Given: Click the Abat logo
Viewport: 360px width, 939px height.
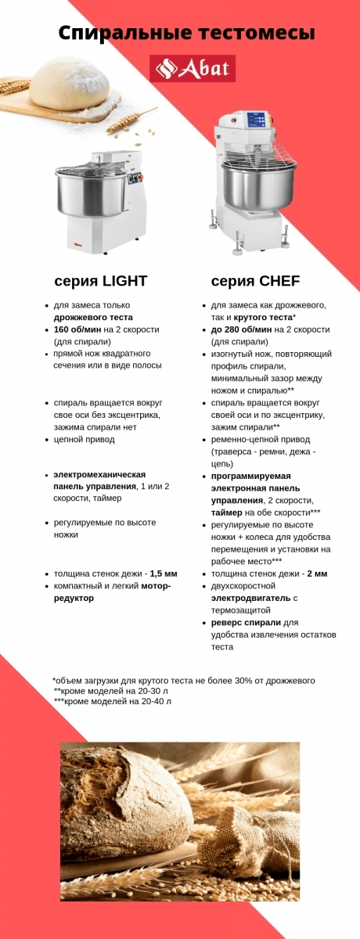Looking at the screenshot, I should pyautogui.click(x=193, y=69).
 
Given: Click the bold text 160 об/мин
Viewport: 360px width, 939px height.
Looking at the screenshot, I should pyautogui.click(x=78, y=329).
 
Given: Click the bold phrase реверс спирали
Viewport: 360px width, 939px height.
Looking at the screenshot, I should pyautogui.click(x=246, y=622).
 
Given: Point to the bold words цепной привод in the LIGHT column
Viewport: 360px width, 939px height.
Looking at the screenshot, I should pyautogui.click(x=85, y=439).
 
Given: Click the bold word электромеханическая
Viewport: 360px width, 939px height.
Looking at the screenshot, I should pyautogui.click(x=99, y=475).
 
